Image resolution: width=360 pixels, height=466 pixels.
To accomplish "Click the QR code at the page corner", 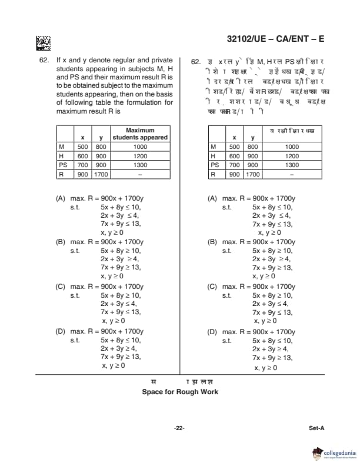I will pos(43,43).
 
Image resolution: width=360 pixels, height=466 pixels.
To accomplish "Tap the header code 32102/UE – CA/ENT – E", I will pos(275,39).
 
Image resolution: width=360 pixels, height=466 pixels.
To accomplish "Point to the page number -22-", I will pos(179,428).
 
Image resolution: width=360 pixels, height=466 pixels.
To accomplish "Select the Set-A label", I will pos(316,428).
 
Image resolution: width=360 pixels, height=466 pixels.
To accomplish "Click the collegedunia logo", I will pos(334,453).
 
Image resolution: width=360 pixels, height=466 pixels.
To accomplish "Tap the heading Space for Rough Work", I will pos(180,392).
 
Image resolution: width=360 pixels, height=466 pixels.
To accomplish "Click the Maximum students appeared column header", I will pos(140,134).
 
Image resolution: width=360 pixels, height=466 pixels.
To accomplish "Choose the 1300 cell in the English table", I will pos(140,165).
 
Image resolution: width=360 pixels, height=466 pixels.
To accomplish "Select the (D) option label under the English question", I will pos(60,331).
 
